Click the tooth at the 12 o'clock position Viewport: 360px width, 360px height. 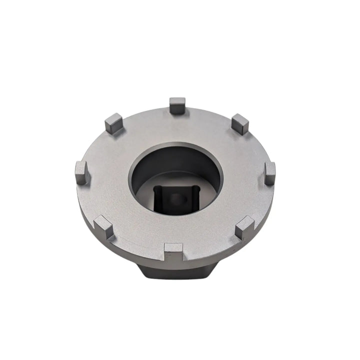177,105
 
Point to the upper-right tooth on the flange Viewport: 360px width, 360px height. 240,123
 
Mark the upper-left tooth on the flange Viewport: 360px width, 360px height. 113,123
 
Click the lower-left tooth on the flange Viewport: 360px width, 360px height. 103,227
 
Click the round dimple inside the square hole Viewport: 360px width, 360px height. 176,198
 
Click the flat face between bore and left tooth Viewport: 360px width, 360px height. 107,175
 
